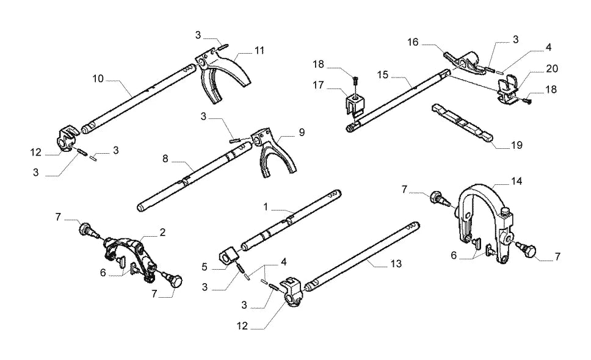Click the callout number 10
pos(98,79)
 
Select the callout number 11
pos(259,51)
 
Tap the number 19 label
pos(517,145)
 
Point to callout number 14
pos(517,181)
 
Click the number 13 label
pos(396,264)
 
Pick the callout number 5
pos(205,267)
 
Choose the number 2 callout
pos(162,232)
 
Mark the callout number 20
pos(552,68)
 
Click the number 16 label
pos(413,42)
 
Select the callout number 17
pos(319,85)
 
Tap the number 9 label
pos(302,132)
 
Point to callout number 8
pos(165,159)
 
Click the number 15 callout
pos(383,75)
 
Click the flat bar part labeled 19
pos(462,123)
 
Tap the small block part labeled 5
pos(228,256)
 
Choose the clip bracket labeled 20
pos(509,90)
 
